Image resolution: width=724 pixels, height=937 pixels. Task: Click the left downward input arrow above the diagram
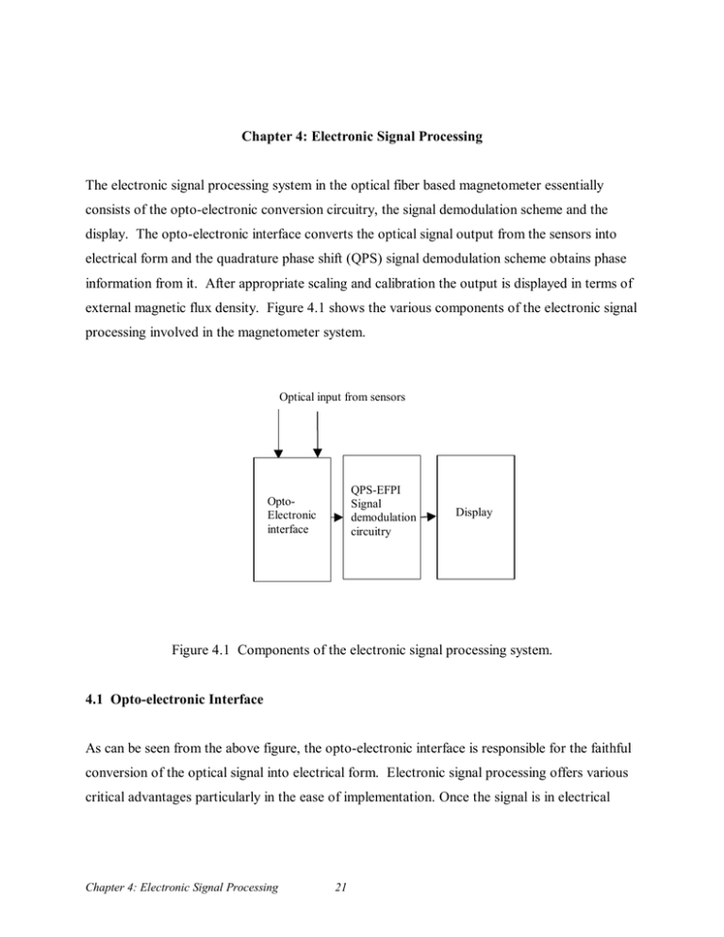pos(278,436)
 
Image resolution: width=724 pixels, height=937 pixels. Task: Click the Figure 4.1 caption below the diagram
pos(361,652)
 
